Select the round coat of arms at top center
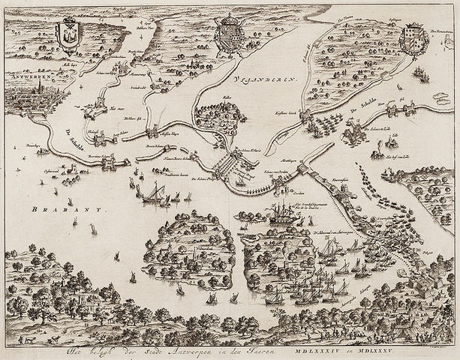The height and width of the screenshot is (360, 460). coord(227,36)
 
